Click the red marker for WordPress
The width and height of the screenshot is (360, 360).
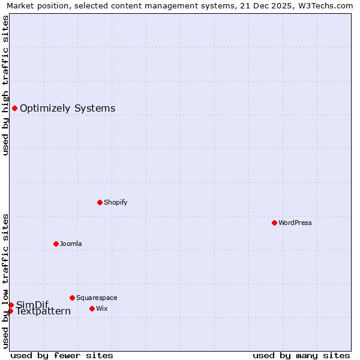274,223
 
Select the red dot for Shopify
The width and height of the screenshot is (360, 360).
100,202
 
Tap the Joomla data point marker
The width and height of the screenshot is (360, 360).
56,244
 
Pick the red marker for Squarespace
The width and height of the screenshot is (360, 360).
72,298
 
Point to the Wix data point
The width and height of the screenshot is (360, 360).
92,308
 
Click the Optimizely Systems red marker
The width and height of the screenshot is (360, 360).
14,108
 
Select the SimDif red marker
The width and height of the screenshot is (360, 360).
11,305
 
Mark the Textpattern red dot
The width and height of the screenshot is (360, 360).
10,311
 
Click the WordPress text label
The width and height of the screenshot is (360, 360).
295,223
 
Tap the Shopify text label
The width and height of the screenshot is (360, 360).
116,202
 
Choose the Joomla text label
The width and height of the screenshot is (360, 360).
71,244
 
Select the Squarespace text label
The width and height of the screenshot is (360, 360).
97,298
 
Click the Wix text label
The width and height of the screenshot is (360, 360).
102,308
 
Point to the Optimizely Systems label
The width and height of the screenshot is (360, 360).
68,109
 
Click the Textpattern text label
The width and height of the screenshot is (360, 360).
43,311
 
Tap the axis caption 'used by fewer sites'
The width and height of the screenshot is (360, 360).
62,355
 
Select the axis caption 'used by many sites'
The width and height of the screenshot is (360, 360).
301,355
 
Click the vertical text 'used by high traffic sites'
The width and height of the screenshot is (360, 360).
6,85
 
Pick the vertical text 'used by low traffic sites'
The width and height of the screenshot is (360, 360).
6,281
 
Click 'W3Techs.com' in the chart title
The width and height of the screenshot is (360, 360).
328,5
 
